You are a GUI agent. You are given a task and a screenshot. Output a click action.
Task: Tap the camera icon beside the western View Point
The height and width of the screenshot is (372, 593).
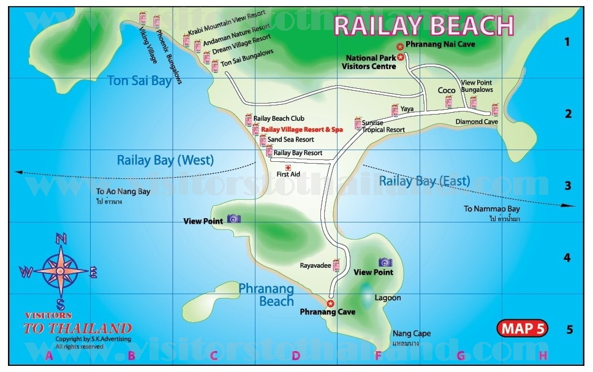pyautogui.click(x=233, y=219)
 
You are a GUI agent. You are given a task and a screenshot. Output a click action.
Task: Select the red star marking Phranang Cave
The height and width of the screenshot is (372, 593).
pyautogui.click(x=330, y=303)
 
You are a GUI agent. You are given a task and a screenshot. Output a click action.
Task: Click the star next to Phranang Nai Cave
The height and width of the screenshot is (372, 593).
pyautogui.click(x=399, y=46)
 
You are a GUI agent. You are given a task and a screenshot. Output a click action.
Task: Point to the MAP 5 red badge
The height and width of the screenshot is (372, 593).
pyautogui.click(x=523, y=328)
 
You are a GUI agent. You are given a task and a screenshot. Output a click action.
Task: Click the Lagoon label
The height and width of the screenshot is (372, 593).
pyautogui.click(x=388, y=298)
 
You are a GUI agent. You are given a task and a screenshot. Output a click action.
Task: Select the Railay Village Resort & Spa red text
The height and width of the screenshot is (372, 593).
pyautogui.click(x=302, y=129)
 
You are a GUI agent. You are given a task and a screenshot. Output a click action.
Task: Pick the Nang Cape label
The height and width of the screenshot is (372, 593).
pyautogui.click(x=412, y=334)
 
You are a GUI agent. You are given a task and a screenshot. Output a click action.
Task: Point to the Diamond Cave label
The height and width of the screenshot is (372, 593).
pyautogui.click(x=477, y=121)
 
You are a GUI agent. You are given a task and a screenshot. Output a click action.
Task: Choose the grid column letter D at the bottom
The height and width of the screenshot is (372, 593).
pyautogui.click(x=295, y=355)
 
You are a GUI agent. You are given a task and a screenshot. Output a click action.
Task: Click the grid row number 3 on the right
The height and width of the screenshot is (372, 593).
pyautogui.click(x=567, y=186)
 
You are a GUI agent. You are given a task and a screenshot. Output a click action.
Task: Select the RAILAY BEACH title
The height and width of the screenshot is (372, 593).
pyautogui.click(x=423, y=26)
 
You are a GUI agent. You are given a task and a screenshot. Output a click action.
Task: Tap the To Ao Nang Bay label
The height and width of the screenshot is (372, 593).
pyautogui.click(x=123, y=191)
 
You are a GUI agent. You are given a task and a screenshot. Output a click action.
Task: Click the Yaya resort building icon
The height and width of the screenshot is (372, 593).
pyautogui.click(x=395, y=110)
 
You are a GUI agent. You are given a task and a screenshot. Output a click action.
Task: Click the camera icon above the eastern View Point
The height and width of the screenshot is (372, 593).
pyautogui.click(x=385, y=262)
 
